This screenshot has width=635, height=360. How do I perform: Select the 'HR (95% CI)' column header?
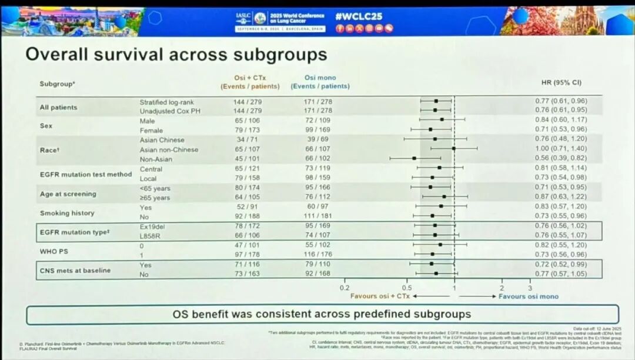coord(562,82)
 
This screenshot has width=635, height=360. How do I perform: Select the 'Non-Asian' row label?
coord(157,158)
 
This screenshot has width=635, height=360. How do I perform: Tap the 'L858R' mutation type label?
coord(151,235)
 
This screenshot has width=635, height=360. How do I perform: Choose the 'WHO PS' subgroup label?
coord(54,251)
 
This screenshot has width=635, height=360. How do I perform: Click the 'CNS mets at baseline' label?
coord(75,271)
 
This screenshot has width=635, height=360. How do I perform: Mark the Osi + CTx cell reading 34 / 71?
coord(247,140)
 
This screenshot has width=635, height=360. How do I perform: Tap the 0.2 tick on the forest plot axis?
coord(345,288)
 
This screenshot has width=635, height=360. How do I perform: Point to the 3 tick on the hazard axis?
coord(530,288)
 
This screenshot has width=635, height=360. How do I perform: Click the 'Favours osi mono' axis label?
coord(528,296)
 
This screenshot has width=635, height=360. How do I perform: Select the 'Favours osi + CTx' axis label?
coord(380,296)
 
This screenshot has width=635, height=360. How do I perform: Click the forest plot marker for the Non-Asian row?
coord(415,158)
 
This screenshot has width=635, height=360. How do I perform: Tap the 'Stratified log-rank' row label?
coord(166,102)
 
